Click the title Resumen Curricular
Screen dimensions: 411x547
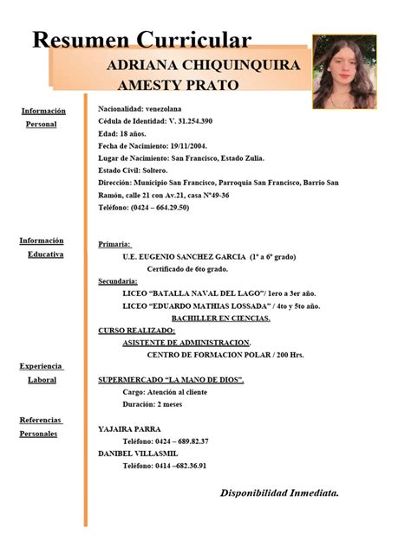pos(142,40)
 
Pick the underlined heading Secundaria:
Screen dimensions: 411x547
pos(118,281)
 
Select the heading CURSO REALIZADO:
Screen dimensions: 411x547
pos(137,331)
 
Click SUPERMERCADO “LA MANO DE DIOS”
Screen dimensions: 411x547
pos(170,380)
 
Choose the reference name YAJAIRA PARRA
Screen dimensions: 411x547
pos(129,429)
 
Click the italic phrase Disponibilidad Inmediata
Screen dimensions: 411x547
pos(279,492)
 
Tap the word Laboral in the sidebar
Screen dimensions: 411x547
pos(42,379)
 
